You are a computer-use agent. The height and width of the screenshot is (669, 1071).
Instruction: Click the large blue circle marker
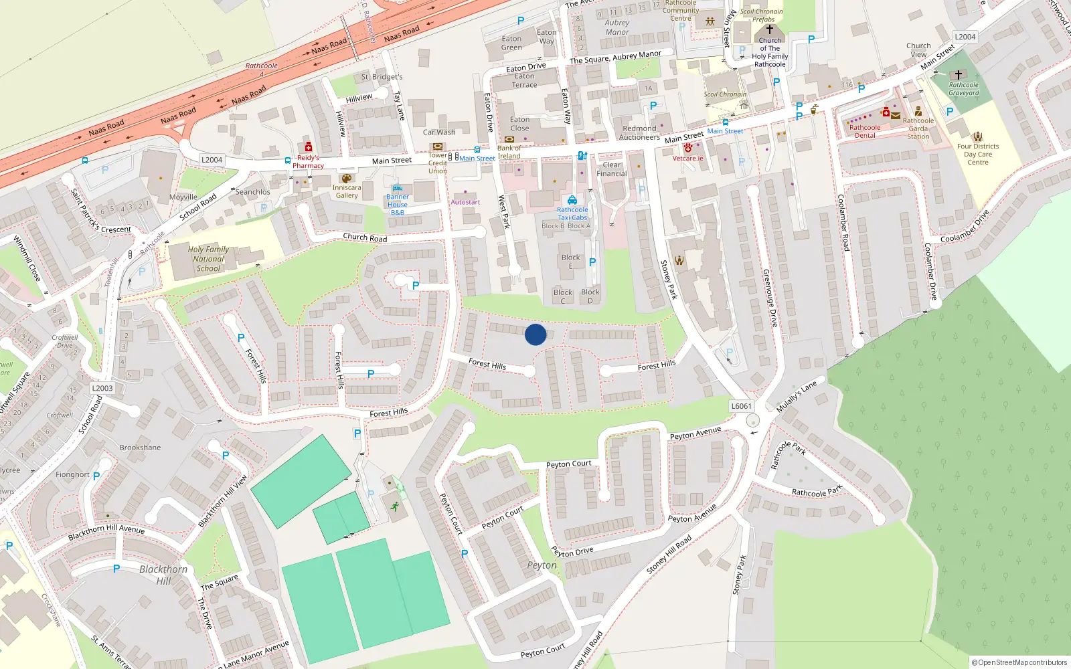click(535, 334)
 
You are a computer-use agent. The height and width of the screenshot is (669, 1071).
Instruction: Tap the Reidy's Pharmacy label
click(308, 162)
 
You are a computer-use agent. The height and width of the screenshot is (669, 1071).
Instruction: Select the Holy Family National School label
click(209, 259)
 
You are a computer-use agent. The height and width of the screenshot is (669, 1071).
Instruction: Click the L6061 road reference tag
click(741, 406)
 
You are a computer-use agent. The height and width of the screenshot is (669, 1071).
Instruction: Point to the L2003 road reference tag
click(102, 388)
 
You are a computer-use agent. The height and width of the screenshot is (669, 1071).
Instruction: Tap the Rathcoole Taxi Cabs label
click(572, 213)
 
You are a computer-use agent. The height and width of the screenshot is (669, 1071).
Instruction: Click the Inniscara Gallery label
click(347, 191)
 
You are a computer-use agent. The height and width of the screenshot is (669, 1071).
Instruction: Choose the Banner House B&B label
click(398, 205)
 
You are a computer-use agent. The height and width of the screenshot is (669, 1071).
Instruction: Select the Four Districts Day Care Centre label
click(978, 155)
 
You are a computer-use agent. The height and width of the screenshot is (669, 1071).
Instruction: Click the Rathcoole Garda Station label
click(918, 128)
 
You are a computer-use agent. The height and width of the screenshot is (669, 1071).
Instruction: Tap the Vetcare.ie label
click(688, 159)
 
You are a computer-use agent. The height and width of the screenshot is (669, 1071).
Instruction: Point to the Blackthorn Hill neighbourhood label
click(163, 575)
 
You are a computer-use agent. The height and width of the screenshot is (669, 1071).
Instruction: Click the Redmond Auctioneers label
click(639, 133)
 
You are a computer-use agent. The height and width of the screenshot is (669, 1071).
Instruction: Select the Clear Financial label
click(612, 169)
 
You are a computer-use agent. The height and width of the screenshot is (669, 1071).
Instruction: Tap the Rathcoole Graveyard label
click(964, 89)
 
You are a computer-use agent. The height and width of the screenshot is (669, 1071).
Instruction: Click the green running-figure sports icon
click(394, 506)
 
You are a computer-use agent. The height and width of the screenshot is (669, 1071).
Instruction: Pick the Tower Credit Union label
click(438, 163)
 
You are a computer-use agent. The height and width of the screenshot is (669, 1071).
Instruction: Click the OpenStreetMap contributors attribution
click(1019, 662)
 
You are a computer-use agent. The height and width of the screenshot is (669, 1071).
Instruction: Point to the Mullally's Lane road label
click(797, 397)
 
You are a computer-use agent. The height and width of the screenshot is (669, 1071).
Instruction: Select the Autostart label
click(465, 202)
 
